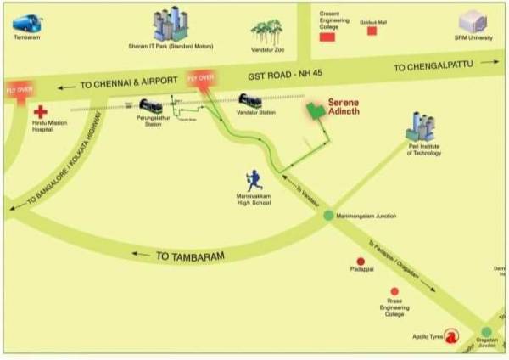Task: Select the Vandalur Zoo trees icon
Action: (266, 33)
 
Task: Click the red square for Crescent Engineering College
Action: (327, 36)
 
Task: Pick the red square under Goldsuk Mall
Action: (372, 31)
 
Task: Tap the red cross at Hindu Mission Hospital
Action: (40, 112)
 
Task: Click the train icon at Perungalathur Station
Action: (150, 107)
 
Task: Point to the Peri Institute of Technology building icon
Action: (420, 127)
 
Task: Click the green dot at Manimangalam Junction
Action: (329, 216)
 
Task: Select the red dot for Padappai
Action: (361, 262)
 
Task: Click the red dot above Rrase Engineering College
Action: (394, 291)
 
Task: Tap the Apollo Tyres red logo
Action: (452, 336)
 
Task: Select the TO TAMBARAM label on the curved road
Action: (189, 255)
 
